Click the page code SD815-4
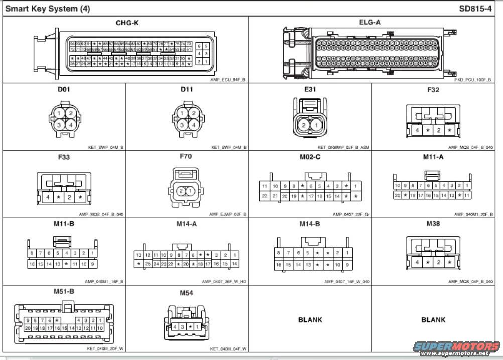pos(475,9)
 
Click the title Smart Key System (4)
pos(48,9)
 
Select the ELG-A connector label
pos(369,22)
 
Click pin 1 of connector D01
pos(59,113)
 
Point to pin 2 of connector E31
pos(304,125)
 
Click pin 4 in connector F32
pos(417,130)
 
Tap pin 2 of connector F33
pos(69,197)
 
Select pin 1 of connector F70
pos(191,191)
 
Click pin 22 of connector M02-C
pos(265,196)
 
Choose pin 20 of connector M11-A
pos(397,195)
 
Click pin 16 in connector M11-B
pos(32,263)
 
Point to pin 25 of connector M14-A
pos(148,263)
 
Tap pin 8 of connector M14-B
pos(279,253)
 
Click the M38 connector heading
pos(433,223)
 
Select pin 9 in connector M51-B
pos(28,320)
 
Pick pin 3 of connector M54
pos(182,326)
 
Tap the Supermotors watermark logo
pos(456,347)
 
